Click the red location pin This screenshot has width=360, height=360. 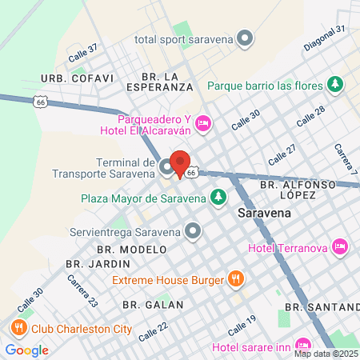click(180, 164)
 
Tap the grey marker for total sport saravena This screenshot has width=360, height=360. click(245, 38)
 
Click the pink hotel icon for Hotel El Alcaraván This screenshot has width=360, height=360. click(203, 122)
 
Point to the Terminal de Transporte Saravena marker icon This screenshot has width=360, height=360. click(166, 167)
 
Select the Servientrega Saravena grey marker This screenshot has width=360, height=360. click(193, 232)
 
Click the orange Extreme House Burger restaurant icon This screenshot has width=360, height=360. click(235, 279)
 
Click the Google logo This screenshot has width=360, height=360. click(27, 350)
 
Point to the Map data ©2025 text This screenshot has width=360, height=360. click(326, 354)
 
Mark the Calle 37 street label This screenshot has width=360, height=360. click(82, 53)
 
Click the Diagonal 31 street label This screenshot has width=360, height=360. click(324, 39)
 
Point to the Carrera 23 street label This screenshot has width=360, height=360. click(83, 290)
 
